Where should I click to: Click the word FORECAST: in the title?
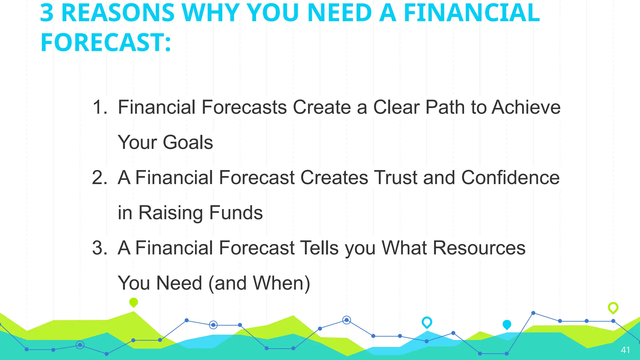[x=106, y=43]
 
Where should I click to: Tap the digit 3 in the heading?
[x=47, y=13]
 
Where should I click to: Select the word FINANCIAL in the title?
[x=472, y=13]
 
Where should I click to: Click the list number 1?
[x=99, y=107]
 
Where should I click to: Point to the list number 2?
[x=99, y=177]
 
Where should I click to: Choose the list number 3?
[x=99, y=248]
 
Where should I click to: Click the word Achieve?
[x=526, y=107]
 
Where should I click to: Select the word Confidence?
[x=510, y=177]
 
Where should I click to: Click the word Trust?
[x=396, y=177]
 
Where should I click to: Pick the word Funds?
[x=236, y=213]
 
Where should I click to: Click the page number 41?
[x=625, y=350]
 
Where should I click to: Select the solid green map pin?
[x=133, y=302]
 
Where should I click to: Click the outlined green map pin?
[x=613, y=308]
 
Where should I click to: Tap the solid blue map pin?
[x=507, y=325]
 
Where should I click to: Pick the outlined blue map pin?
[x=427, y=322]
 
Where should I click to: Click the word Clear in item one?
[x=397, y=107]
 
